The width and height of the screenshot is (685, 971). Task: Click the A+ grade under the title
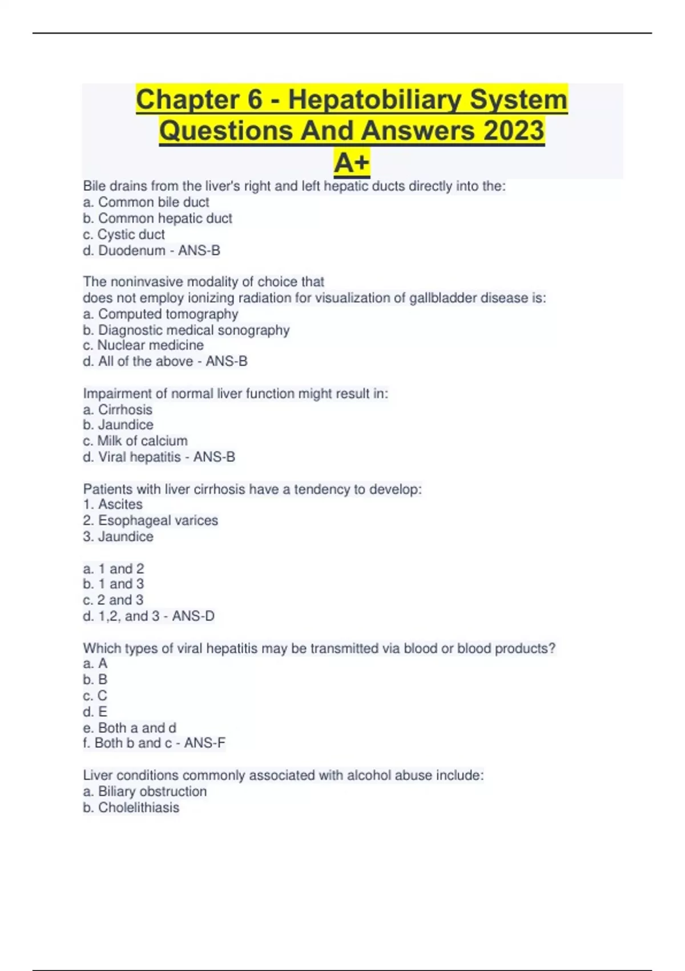[352, 163]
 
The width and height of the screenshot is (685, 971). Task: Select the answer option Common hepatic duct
[164, 218]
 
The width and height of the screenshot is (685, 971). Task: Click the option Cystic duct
[131, 234]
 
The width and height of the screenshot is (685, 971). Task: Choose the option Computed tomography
[168, 314]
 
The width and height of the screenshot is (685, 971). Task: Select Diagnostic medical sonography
[194, 330]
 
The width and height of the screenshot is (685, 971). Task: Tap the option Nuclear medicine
[150, 345]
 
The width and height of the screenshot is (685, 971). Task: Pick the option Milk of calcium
[142, 441]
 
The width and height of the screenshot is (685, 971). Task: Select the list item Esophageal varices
[158, 520]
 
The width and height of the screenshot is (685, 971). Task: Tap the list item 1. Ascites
[113, 504]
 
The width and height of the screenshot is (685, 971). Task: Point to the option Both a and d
[136, 728]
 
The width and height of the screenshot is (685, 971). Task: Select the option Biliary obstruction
[152, 791]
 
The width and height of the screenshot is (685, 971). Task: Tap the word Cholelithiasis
[138, 807]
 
